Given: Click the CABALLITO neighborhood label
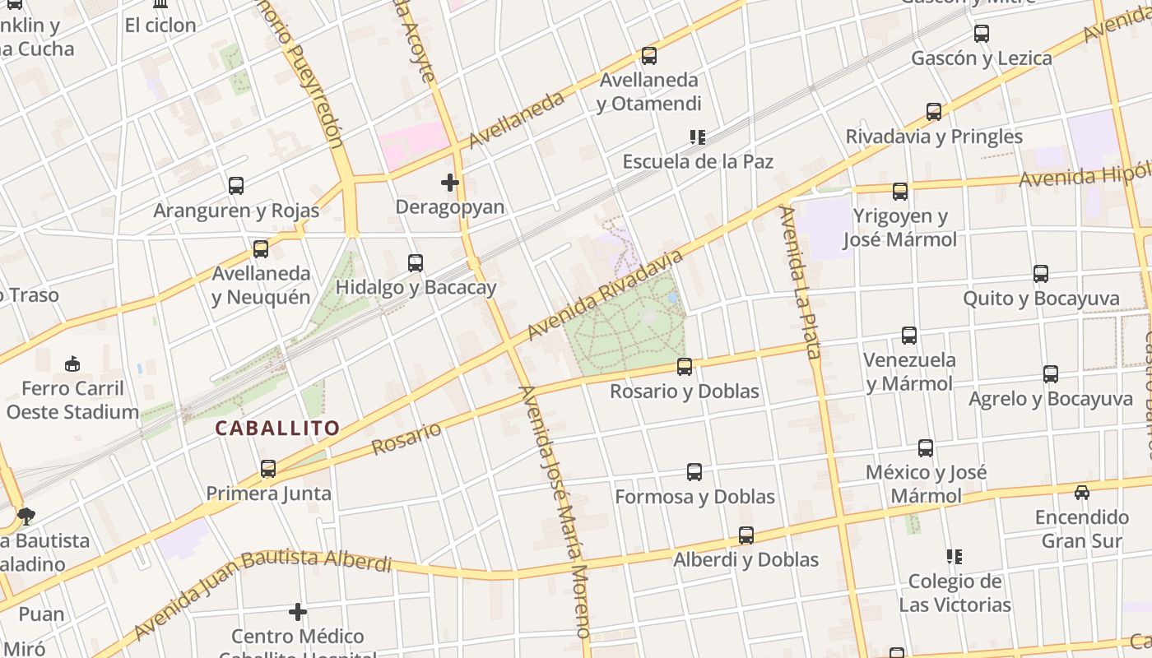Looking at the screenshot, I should [277, 428].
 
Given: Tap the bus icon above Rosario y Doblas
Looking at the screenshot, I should [684, 367].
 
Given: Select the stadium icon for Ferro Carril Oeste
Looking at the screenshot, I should [72, 364].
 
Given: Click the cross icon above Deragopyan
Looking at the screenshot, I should [449, 183].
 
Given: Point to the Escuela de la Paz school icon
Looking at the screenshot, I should [697, 137].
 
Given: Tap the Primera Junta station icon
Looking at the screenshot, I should [268, 469].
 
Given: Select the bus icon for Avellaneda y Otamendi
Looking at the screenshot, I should [648, 56].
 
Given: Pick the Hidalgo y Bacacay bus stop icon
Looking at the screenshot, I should [416, 263].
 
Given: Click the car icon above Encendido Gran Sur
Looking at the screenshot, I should [1081, 493].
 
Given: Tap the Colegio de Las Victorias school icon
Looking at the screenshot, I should [954, 557].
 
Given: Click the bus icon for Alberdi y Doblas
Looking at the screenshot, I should [746, 535].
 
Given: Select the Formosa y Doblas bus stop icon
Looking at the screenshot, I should [694, 472].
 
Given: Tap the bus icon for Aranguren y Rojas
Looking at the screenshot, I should [236, 186].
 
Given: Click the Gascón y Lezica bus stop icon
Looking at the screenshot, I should [981, 34].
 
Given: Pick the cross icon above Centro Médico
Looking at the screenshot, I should [298, 612].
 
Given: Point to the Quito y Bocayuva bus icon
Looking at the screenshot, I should [1040, 274].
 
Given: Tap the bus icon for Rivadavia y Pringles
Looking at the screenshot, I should [933, 112].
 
